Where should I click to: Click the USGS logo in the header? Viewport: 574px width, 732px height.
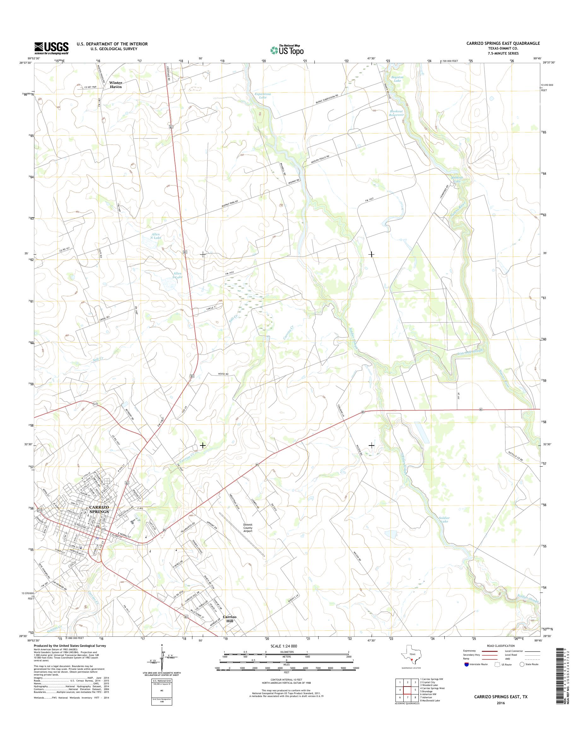[51, 48]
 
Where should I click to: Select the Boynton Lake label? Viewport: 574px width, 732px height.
[398, 79]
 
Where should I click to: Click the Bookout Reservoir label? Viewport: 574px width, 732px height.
[396, 113]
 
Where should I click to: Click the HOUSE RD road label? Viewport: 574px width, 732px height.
[222, 374]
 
